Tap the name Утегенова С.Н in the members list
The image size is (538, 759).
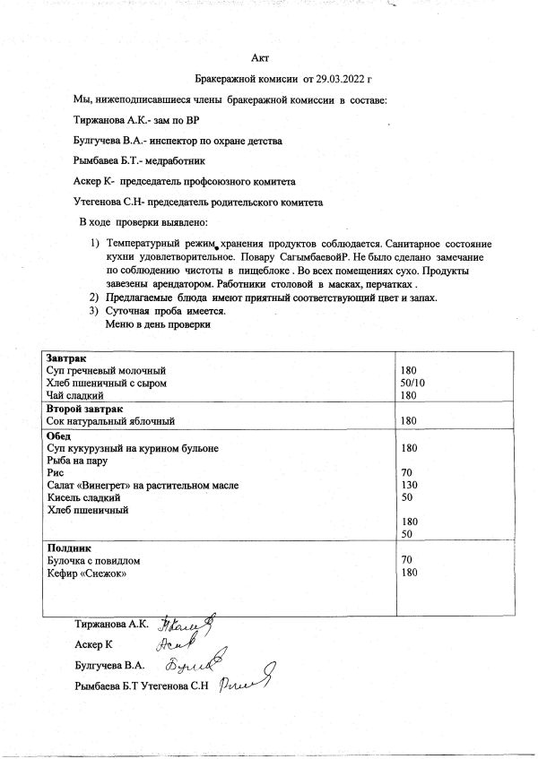tap(106, 203)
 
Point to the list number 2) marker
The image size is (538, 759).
tap(92, 298)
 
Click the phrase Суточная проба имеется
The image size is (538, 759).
tap(165, 311)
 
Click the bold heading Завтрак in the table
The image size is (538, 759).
tap(65, 358)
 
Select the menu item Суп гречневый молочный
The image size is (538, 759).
tap(106, 370)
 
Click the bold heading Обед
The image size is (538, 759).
tap(59, 434)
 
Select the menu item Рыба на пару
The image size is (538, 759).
tap(77, 460)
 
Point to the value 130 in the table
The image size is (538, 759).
tap(411, 485)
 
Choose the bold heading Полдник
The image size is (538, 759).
tap(67, 547)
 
